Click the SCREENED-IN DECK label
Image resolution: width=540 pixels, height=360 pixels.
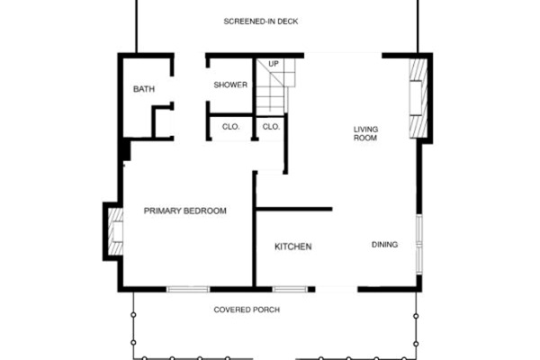261,22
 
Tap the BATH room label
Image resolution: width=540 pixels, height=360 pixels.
144,89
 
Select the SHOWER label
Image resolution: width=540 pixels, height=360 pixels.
230,85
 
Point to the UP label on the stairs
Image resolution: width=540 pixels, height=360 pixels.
274,64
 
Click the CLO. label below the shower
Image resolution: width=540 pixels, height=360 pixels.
230,127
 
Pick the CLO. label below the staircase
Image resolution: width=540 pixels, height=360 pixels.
271,127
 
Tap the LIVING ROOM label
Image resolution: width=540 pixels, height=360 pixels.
365,133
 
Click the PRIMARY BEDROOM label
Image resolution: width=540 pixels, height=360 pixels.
184,211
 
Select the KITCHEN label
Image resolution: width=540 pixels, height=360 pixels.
293,247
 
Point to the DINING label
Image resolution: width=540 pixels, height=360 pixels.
384,245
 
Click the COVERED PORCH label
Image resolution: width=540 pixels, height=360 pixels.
247,310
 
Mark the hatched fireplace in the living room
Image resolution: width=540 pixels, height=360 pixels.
418,98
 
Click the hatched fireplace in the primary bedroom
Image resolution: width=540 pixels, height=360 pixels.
115,231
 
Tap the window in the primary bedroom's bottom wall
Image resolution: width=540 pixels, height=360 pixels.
188,290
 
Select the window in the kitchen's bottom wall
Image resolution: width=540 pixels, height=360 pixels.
290,290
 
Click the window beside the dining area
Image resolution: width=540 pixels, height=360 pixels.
419,244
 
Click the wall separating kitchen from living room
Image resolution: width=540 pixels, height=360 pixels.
294,209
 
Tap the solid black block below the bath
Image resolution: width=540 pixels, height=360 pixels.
126,150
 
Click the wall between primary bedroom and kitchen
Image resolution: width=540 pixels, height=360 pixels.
255,229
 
